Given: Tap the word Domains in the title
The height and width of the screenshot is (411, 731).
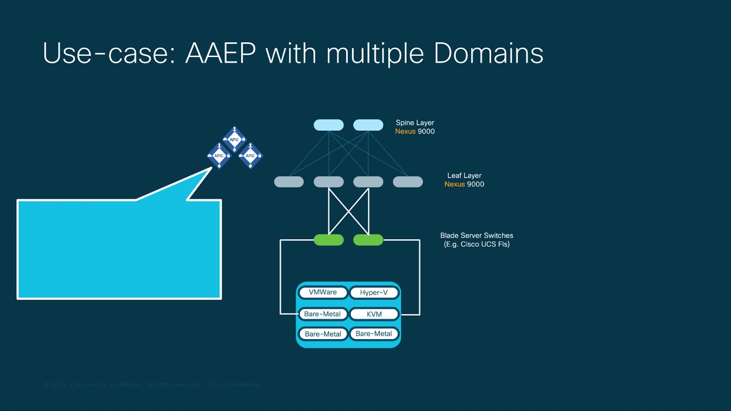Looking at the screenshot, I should point(488,53).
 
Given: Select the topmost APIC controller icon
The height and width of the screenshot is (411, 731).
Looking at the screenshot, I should point(234,140).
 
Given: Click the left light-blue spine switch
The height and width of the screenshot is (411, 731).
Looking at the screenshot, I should point(328,125).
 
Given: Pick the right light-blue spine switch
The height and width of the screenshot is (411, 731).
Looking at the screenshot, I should point(368,125).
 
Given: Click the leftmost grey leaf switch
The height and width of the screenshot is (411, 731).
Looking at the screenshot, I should point(289,182).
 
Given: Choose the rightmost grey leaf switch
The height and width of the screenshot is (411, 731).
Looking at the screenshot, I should point(408,182).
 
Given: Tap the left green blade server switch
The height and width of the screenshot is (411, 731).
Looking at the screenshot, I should point(328,240).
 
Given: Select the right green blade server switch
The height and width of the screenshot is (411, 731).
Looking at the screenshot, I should point(368,240).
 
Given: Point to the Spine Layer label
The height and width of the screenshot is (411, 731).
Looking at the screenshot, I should point(415,123).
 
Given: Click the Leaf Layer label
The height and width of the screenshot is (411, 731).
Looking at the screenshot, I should point(464,176).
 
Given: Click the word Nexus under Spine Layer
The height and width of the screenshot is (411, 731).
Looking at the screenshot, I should point(405,131).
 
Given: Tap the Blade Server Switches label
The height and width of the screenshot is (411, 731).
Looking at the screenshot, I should point(476,235).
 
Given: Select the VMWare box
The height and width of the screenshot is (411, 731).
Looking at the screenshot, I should point(323,292).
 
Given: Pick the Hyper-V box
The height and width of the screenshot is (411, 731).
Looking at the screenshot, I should point(374,293).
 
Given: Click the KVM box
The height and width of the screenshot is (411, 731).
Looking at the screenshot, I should point(374,314).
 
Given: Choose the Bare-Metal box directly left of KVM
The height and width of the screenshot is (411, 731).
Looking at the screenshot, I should point(323,314).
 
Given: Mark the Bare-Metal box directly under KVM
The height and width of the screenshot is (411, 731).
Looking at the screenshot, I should point(374,334).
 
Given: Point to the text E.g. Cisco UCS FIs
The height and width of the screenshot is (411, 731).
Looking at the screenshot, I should point(476,244).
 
